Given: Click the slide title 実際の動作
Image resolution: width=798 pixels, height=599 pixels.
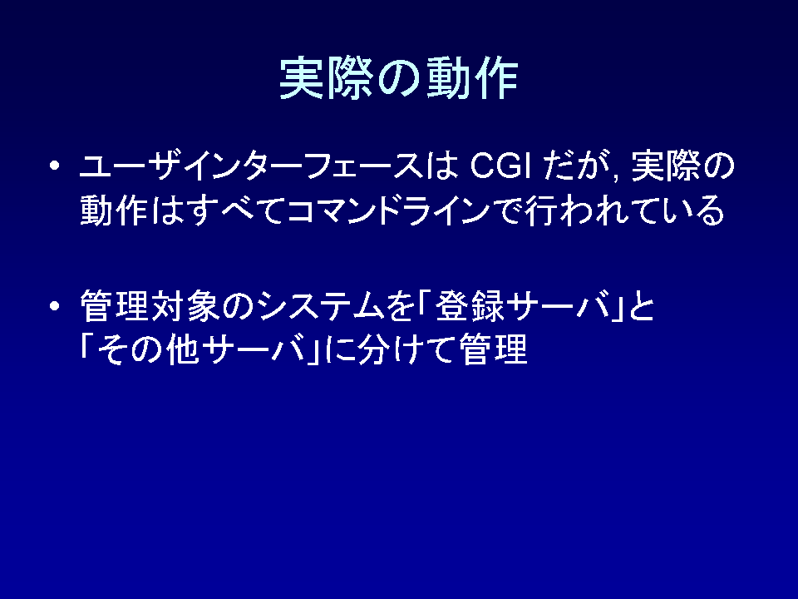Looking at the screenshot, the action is click(399, 78).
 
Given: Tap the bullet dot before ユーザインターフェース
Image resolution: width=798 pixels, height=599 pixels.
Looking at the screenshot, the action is click(55, 166).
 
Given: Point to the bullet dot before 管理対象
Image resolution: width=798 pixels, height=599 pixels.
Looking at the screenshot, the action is click(55, 306).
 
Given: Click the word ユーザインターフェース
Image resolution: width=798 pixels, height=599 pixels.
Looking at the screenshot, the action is click(251, 166).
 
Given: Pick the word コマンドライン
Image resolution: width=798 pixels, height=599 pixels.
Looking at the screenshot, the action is click(389, 210).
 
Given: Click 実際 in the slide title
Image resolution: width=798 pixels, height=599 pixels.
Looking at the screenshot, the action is click(326, 78).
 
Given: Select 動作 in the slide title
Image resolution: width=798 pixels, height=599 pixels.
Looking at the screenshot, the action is click(472, 78).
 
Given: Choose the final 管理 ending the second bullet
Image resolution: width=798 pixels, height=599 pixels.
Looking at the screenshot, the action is click(493, 349).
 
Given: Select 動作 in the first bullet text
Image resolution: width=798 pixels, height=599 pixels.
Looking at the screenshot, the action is click(114, 210).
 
